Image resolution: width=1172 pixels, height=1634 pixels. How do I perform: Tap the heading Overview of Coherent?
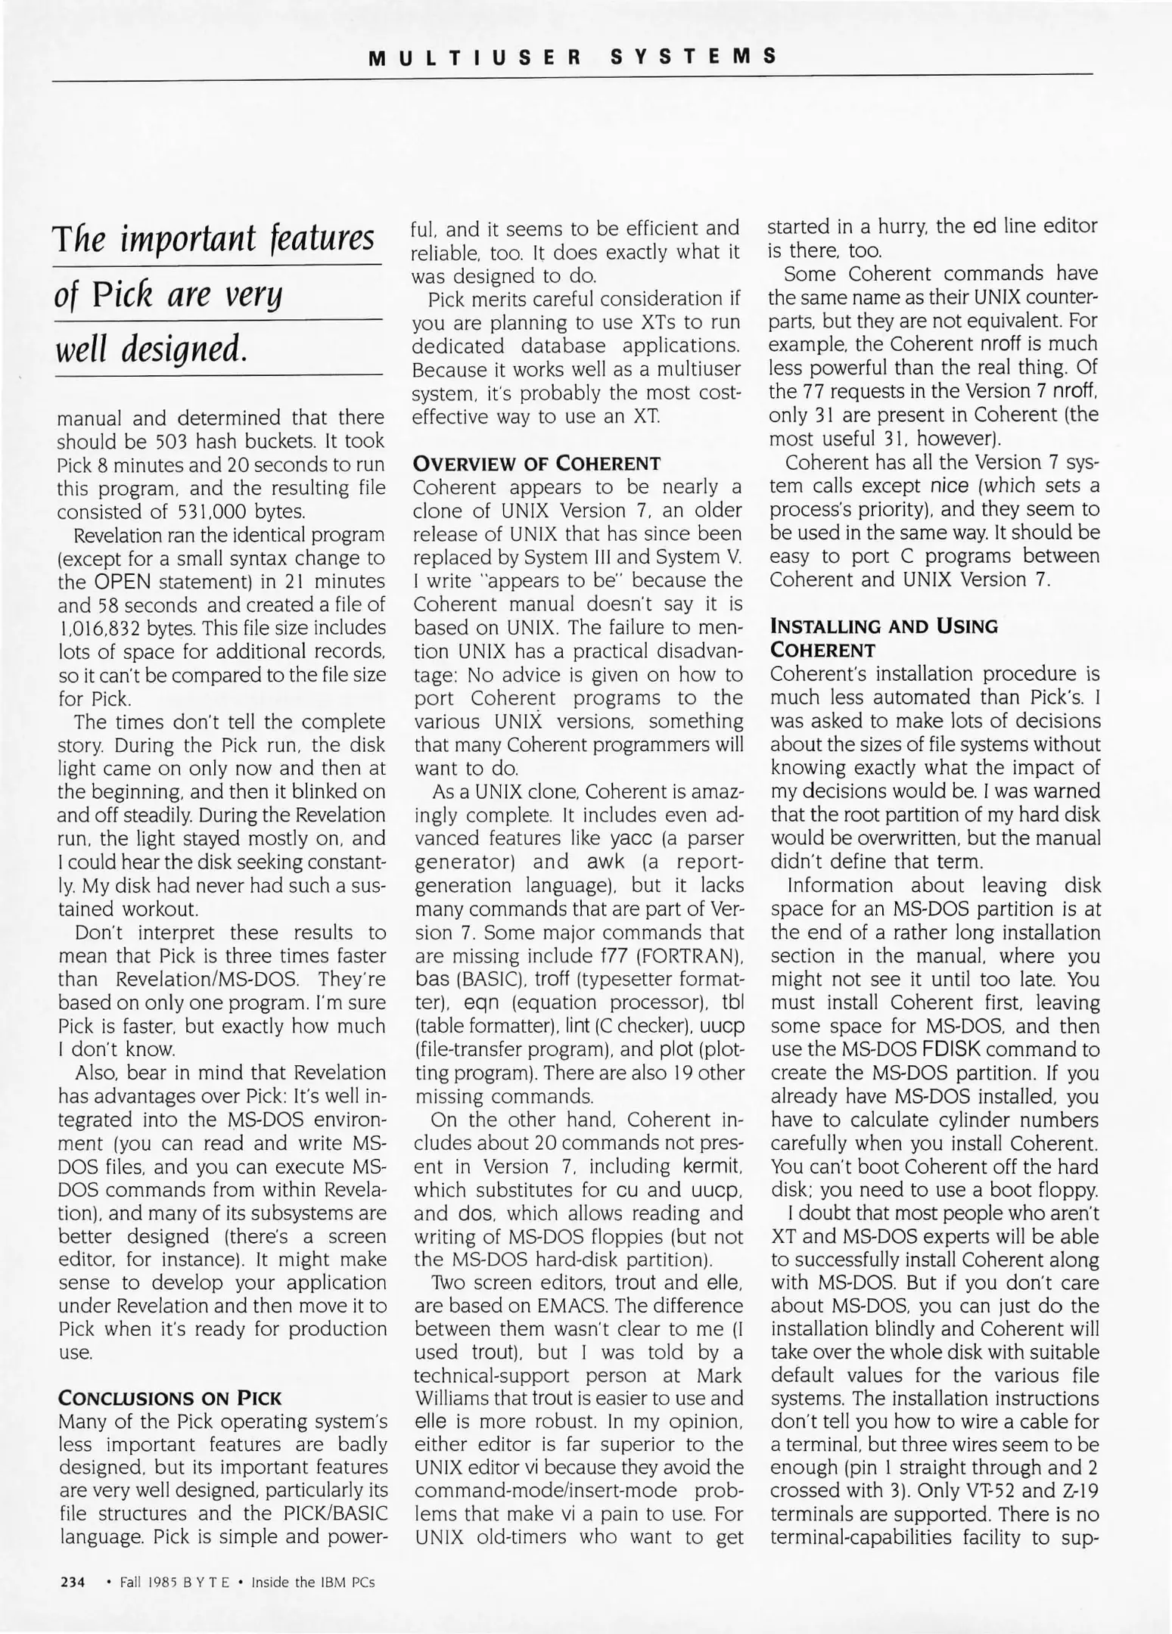pos(536,463)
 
